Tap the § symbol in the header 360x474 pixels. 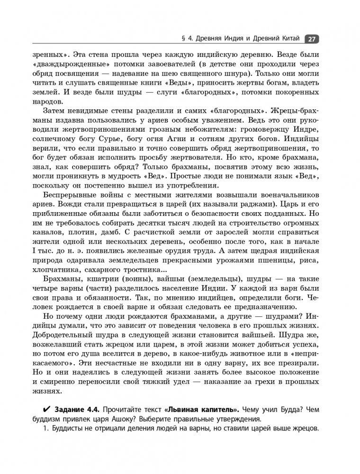[x=177, y=39]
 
